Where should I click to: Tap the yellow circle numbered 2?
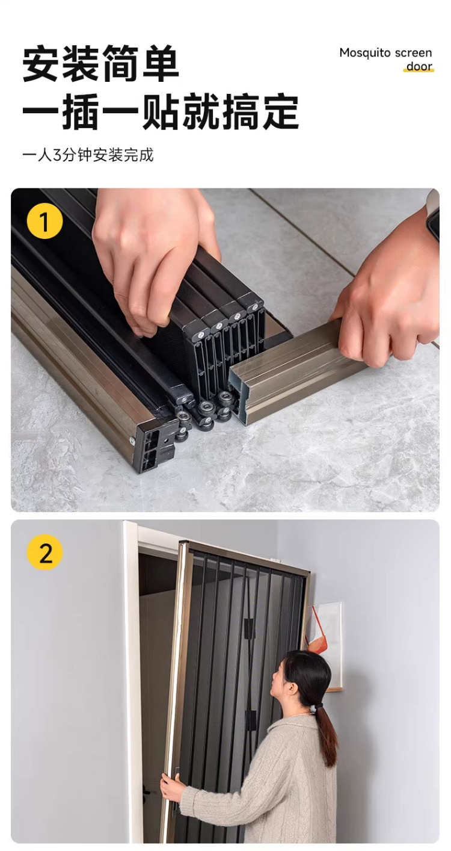click(45, 552)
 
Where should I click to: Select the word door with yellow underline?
click(419, 66)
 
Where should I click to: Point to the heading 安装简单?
click(100, 63)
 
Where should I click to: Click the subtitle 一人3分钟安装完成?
click(88, 155)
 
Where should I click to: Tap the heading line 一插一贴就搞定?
click(161, 112)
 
